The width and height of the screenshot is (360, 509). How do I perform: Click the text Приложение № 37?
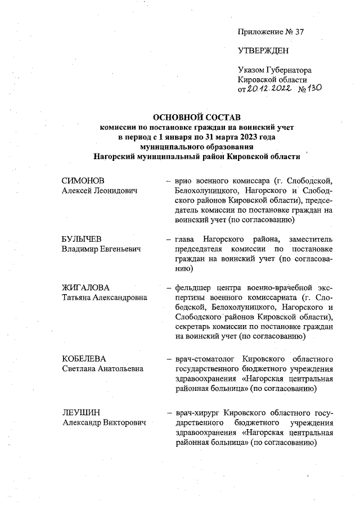pyautogui.click(x=271, y=31)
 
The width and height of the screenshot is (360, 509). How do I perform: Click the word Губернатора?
pyautogui.click(x=288, y=70)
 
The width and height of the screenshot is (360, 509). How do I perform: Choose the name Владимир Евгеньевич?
pyautogui.click(x=101, y=249)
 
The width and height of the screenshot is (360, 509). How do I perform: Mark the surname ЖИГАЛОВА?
pyautogui.click(x=85, y=288)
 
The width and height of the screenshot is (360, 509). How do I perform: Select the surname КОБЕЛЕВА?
pyautogui.click(x=84, y=358)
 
